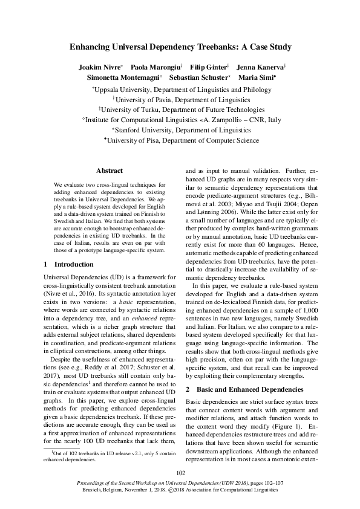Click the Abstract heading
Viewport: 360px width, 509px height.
(110, 171)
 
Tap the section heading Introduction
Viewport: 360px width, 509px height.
(70, 264)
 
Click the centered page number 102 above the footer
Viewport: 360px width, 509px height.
(180, 473)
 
